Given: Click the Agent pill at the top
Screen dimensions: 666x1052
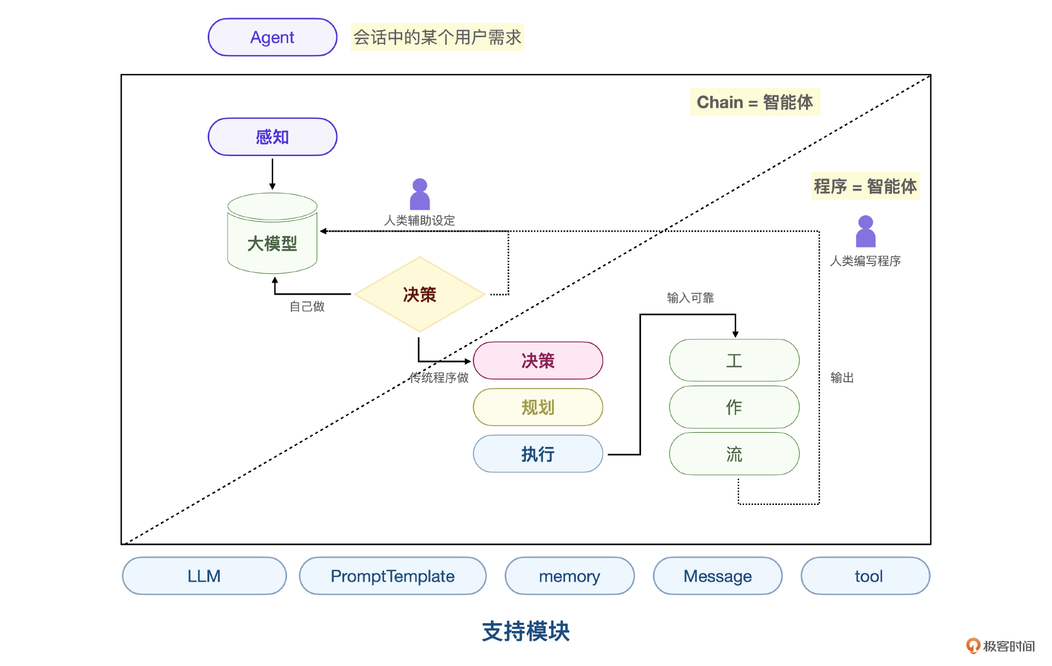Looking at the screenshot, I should tap(272, 37).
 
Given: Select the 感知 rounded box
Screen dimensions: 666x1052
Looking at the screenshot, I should tap(272, 137).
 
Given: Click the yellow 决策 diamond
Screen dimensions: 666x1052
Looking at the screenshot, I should tap(420, 295).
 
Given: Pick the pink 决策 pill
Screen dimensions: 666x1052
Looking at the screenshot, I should tap(538, 360).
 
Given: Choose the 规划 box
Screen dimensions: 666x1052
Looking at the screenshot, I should tap(538, 407).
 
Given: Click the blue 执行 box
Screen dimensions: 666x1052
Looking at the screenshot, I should tap(538, 453).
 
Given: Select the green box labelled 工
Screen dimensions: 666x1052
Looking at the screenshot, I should tap(734, 360).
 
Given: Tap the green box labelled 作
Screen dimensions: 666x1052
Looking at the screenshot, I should tap(734, 407).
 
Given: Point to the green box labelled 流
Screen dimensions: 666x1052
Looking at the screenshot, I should tap(734, 453).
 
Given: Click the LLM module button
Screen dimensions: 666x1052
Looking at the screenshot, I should tap(204, 576).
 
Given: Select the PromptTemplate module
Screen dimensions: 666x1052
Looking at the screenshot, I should tap(392, 576).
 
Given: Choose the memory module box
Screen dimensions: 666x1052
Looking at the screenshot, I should tap(569, 576).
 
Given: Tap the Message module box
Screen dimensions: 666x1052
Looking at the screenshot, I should tap(717, 576).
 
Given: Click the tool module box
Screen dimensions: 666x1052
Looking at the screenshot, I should tap(865, 576).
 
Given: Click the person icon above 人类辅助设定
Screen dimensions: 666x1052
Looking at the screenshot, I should tap(420, 194).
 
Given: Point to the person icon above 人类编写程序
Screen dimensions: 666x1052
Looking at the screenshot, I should tap(866, 232).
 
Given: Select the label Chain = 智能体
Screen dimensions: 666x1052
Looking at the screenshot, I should tap(754, 102).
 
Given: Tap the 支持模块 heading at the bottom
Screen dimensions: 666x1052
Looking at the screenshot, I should tap(525, 631).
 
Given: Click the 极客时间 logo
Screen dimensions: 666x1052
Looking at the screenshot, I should tap(1000, 646).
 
